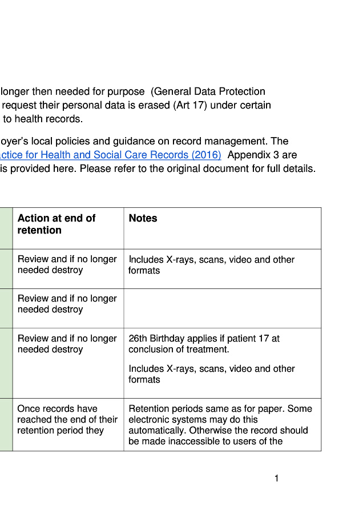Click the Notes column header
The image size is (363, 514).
(x=143, y=218)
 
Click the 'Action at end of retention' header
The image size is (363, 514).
(x=56, y=224)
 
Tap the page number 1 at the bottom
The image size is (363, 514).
(x=276, y=479)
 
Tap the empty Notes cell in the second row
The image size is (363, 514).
(x=222, y=308)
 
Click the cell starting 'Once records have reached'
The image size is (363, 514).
(x=67, y=419)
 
